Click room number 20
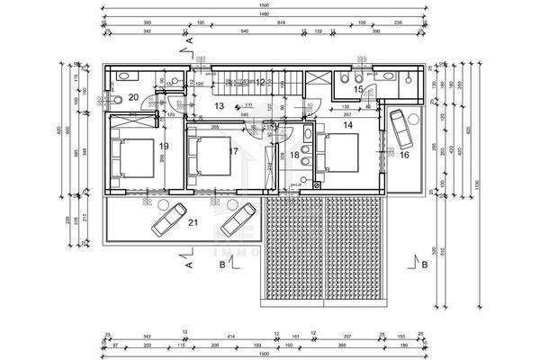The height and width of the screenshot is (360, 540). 132,96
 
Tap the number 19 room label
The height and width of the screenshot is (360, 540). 165,145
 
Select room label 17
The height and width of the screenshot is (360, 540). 233,150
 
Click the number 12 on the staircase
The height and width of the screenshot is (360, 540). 260,83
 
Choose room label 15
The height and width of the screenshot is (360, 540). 357,89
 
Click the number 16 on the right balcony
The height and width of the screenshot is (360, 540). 404,155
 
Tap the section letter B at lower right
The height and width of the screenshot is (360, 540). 424,264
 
